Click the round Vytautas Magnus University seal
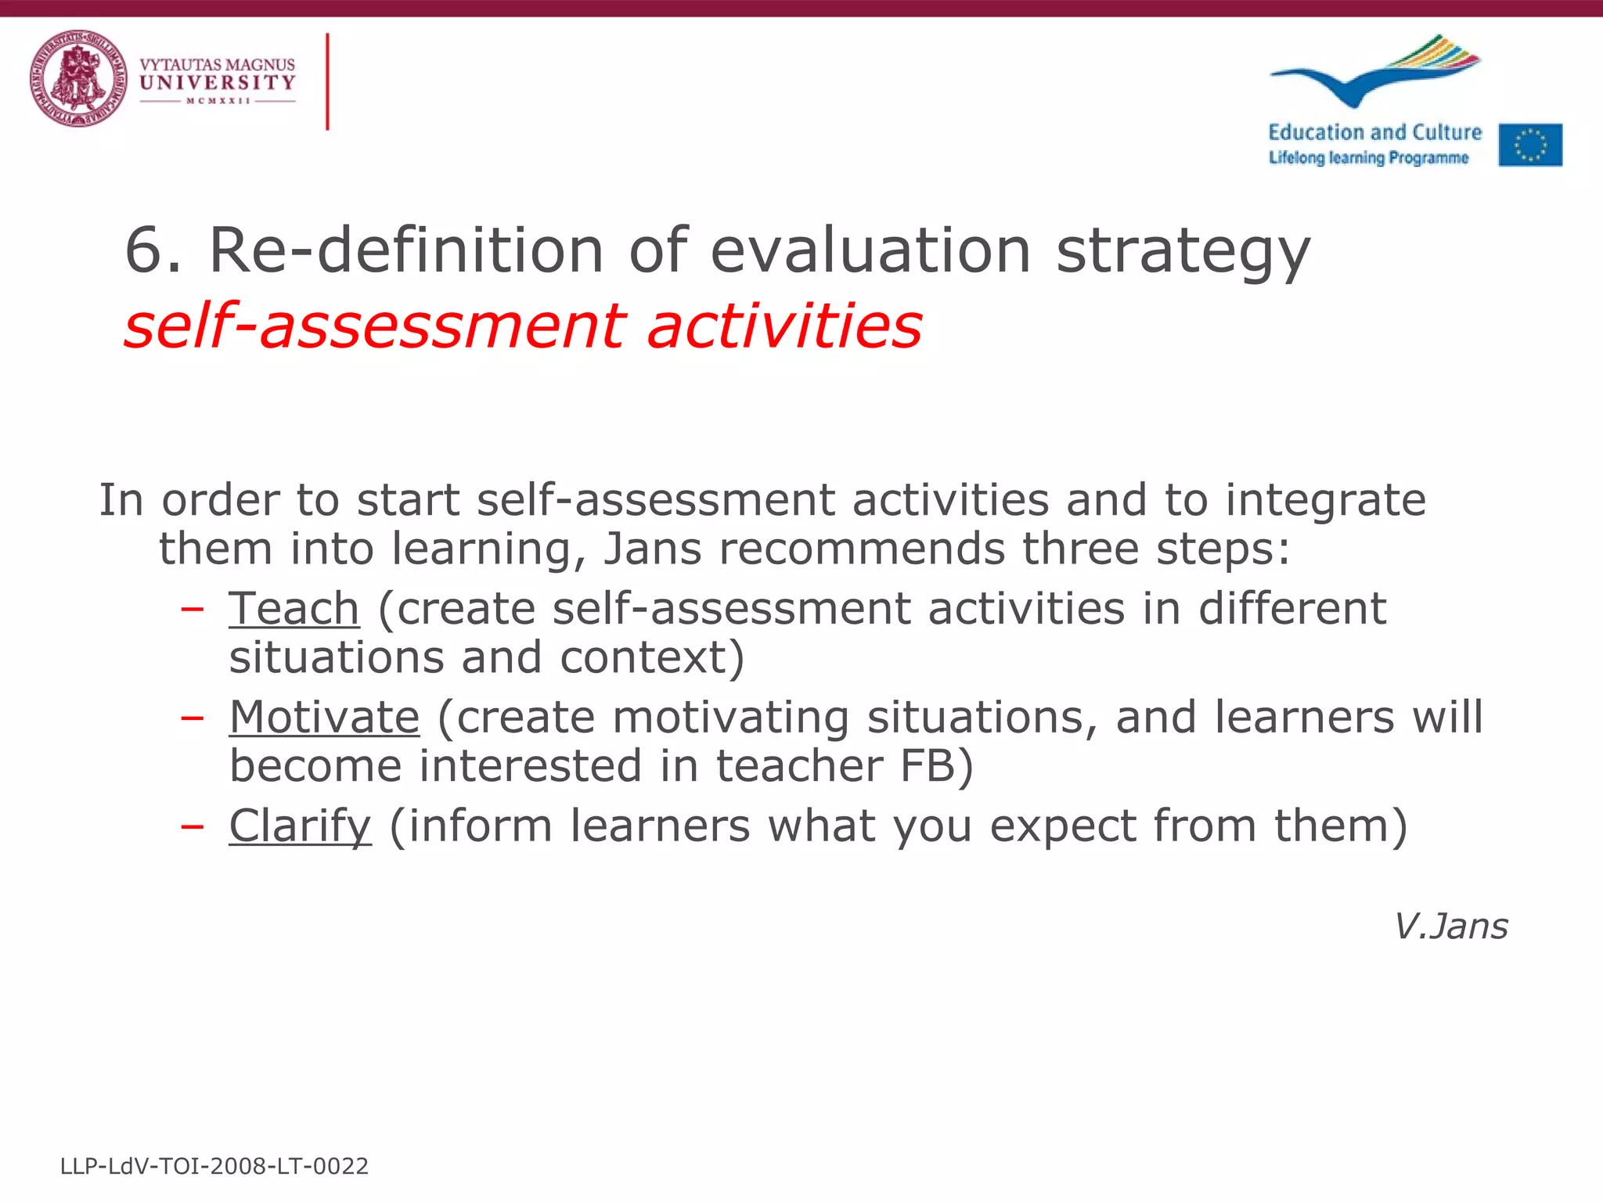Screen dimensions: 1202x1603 [x=78, y=78]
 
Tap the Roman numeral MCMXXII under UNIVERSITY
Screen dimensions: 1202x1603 [x=218, y=101]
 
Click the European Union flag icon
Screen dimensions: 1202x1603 [x=1530, y=145]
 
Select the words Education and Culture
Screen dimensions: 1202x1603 [x=1374, y=132]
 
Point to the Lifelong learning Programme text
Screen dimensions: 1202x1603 [x=1368, y=158]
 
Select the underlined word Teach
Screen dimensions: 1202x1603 [x=294, y=609]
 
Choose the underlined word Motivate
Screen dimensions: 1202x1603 [x=324, y=717]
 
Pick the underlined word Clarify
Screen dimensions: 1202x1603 [x=300, y=826]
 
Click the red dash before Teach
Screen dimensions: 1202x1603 [x=193, y=609]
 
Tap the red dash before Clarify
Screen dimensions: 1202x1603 [x=193, y=826]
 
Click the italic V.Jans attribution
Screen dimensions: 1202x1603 [x=1450, y=927]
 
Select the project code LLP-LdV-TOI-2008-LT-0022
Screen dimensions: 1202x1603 [x=214, y=1167]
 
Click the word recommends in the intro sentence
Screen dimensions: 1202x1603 [x=862, y=549]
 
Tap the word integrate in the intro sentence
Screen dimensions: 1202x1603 [x=1325, y=500]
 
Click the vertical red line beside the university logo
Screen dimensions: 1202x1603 [x=327, y=81]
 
